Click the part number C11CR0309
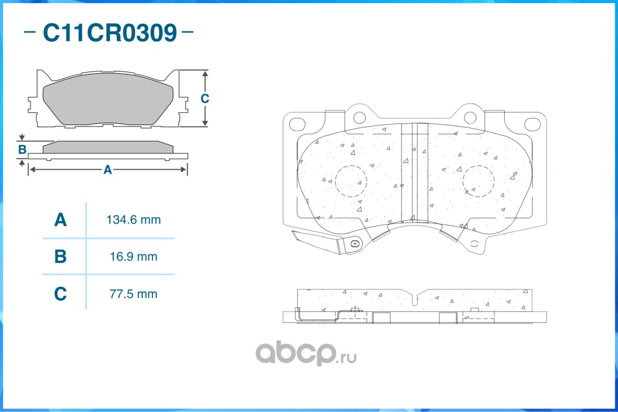click(109, 33)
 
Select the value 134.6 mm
click(133, 220)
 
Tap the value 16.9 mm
click(133, 256)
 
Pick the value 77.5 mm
click(133, 294)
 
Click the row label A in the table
click(60, 220)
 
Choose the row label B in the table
click(60, 256)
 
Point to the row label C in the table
click(60, 294)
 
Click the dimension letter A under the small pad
click(107, 169)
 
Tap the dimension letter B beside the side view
click(22, 150)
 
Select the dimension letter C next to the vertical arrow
click(205, 98)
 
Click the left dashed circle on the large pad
click(350, 181)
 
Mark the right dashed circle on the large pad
click(478, 181)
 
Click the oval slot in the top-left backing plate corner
click(297, 124)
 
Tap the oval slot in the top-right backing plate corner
click(532, 124)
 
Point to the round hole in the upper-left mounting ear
click(359, 117)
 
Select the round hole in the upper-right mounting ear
click(470, 117)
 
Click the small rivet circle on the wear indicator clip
click(354, 244)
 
